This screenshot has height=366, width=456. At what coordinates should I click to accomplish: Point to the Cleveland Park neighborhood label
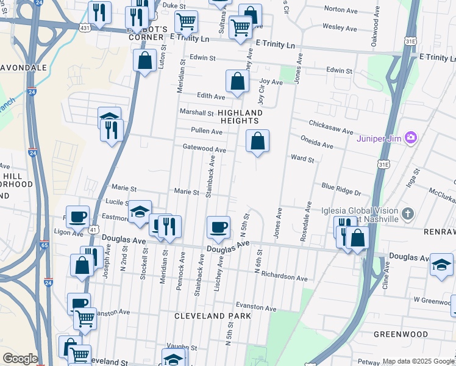click(212, 316)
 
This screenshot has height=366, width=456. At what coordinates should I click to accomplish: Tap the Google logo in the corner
click(20, 359)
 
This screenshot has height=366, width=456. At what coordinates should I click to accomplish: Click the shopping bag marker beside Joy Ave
click(237, 81)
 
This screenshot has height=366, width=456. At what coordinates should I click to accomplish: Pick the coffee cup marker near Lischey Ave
click(218, 228)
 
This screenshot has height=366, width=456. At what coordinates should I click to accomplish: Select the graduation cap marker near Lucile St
click(140, 212)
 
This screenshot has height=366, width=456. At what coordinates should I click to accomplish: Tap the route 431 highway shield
click(85, 27)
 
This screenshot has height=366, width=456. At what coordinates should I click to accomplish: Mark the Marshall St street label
click(196, 112)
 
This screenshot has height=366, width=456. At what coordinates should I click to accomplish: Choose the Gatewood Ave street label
click(204, 149)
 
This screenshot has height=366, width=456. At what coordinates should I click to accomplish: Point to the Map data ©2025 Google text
click(418, 361)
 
